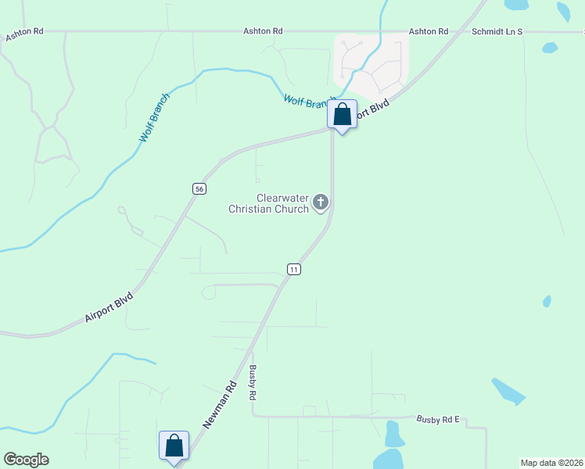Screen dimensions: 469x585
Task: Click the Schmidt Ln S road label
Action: point(497,31)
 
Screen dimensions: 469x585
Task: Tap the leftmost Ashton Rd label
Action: point(25,37)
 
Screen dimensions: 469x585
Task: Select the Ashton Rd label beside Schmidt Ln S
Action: point(428,31)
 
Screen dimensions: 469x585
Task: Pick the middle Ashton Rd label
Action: point(262,31)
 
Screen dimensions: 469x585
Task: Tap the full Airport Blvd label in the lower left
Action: point(109,308)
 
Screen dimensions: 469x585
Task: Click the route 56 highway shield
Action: point(199,188)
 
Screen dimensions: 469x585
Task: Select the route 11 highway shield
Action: point(293,269)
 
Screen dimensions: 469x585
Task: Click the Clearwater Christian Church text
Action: point(268,203)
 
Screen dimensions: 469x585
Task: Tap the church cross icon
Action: point(320,202)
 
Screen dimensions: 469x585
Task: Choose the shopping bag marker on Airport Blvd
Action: point(342,115)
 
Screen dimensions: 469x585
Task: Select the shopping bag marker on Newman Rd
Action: point(174,446)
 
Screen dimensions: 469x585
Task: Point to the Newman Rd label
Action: point(220,403)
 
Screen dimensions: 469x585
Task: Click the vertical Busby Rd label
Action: point(253,383)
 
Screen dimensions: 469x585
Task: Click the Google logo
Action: point(26,460)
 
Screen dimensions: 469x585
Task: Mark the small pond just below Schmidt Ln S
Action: point(550,48)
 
